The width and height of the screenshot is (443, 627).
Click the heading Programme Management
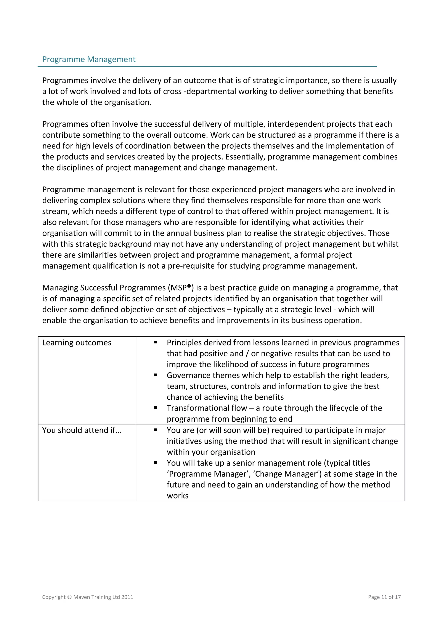click(89, 59)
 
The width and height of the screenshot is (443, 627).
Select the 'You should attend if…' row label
click(82, 430)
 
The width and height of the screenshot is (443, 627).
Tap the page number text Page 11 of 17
click(384, 597)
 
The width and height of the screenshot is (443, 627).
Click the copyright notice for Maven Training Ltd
click(88, 597)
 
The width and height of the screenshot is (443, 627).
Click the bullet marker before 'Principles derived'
click(155, 342)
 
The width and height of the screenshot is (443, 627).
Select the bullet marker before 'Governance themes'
click(155, 375)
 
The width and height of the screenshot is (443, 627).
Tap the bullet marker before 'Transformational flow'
click(155, 408)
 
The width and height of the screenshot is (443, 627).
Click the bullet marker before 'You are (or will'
click(155, 430)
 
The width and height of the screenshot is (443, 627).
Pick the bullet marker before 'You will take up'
click(155, 463)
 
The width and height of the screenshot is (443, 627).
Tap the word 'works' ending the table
click(177, 496)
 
